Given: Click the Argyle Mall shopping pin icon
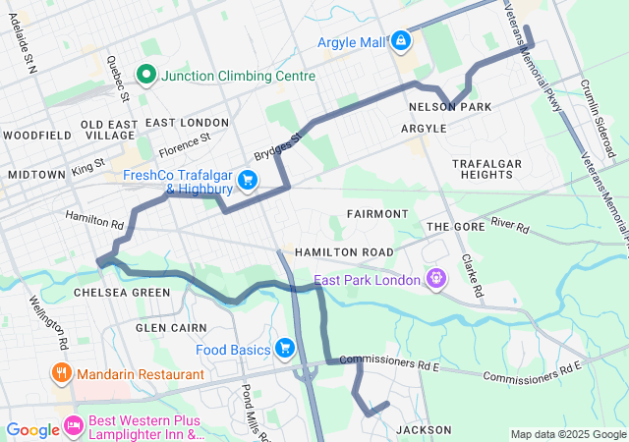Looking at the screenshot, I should [x=400, y=41].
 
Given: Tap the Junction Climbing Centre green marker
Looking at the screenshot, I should [x=146, y=75].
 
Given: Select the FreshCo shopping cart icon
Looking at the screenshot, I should [x=247, y=180].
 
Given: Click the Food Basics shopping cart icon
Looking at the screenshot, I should [x=285, y=348].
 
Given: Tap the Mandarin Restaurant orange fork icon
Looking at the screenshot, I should [x=61, y=372].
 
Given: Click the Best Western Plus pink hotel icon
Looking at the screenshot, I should [x=73, y=425].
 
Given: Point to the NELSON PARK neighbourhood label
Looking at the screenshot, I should [x=449, y=106].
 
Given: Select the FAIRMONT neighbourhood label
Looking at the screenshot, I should [x=376, y=213].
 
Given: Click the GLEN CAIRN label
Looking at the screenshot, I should [x=171, y=327].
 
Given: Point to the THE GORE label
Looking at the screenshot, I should [x=450, y=227].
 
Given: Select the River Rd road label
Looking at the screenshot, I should [x=510, y=227].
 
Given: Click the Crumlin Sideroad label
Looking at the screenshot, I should [x=597, y=119].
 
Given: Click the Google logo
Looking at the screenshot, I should [x=32, y=429].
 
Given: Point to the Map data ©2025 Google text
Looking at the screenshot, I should [x=567, y=434].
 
